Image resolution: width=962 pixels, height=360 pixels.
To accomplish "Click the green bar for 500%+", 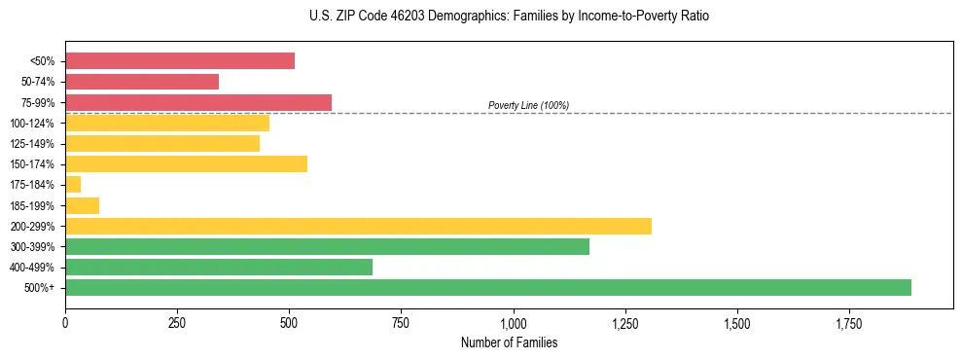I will tap(487, 287).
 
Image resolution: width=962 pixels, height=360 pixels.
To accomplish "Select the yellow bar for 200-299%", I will tap(358, 226).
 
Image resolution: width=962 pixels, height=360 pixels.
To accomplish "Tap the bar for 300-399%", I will tap(327, 246).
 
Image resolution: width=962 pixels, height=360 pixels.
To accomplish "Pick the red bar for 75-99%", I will tap(198, 102).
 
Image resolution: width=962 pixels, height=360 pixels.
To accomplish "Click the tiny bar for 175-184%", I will tap(73, 184).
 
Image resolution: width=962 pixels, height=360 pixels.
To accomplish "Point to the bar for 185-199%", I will tap(82, 205).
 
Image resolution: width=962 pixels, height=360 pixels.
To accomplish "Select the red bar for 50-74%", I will tap(142, 82).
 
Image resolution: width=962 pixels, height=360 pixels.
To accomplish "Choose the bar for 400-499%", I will tap(219, 267).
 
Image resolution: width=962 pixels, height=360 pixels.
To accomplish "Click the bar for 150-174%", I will tap(186, 163).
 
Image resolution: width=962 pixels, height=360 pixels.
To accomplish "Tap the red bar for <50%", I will tap(180, 61).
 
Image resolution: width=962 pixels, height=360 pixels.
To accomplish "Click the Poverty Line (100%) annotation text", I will tap(528, 105).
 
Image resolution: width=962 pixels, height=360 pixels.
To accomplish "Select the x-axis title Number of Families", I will tap(509, 342).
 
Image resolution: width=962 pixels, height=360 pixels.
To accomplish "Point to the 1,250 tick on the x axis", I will tap(624, 323).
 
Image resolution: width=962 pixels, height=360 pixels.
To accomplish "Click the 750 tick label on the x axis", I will tap(401, 323).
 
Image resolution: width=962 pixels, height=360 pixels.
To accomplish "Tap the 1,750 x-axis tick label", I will tap(848, 323).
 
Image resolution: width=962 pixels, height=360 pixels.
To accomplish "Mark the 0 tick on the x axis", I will tap(65, 323).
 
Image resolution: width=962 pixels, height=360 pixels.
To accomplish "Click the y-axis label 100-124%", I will tap(32, 124).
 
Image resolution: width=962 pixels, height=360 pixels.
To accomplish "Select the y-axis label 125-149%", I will tap(32, 144).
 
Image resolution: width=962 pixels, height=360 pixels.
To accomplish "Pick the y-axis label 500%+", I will tap(39, 288).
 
